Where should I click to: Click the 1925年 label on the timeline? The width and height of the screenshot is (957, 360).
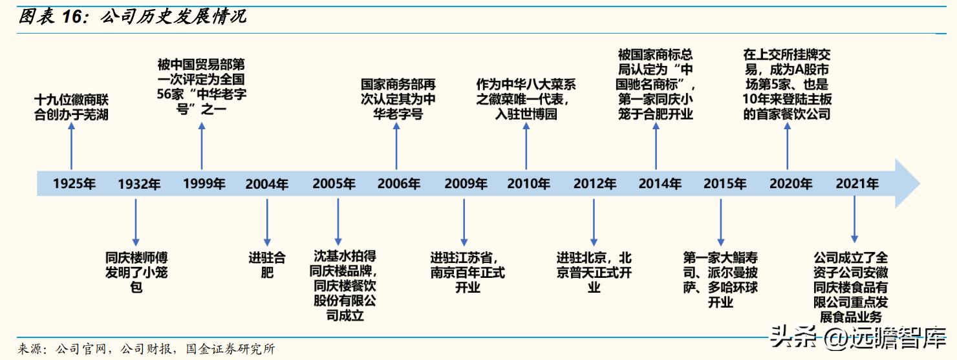[74, 184]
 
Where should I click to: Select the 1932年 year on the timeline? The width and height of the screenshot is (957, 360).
[139, 184]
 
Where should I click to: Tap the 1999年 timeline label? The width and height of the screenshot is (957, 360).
[204, 184]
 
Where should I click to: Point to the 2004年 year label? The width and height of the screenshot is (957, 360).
[267, 184]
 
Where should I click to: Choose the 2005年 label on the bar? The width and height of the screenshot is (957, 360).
[334, 184]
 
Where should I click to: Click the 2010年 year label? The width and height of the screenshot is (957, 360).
[528, 184]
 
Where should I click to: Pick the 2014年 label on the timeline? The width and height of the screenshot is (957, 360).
[660, 184]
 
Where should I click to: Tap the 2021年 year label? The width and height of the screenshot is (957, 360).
[857, 184]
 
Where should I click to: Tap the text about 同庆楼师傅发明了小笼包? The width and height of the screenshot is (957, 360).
[136, 271]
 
